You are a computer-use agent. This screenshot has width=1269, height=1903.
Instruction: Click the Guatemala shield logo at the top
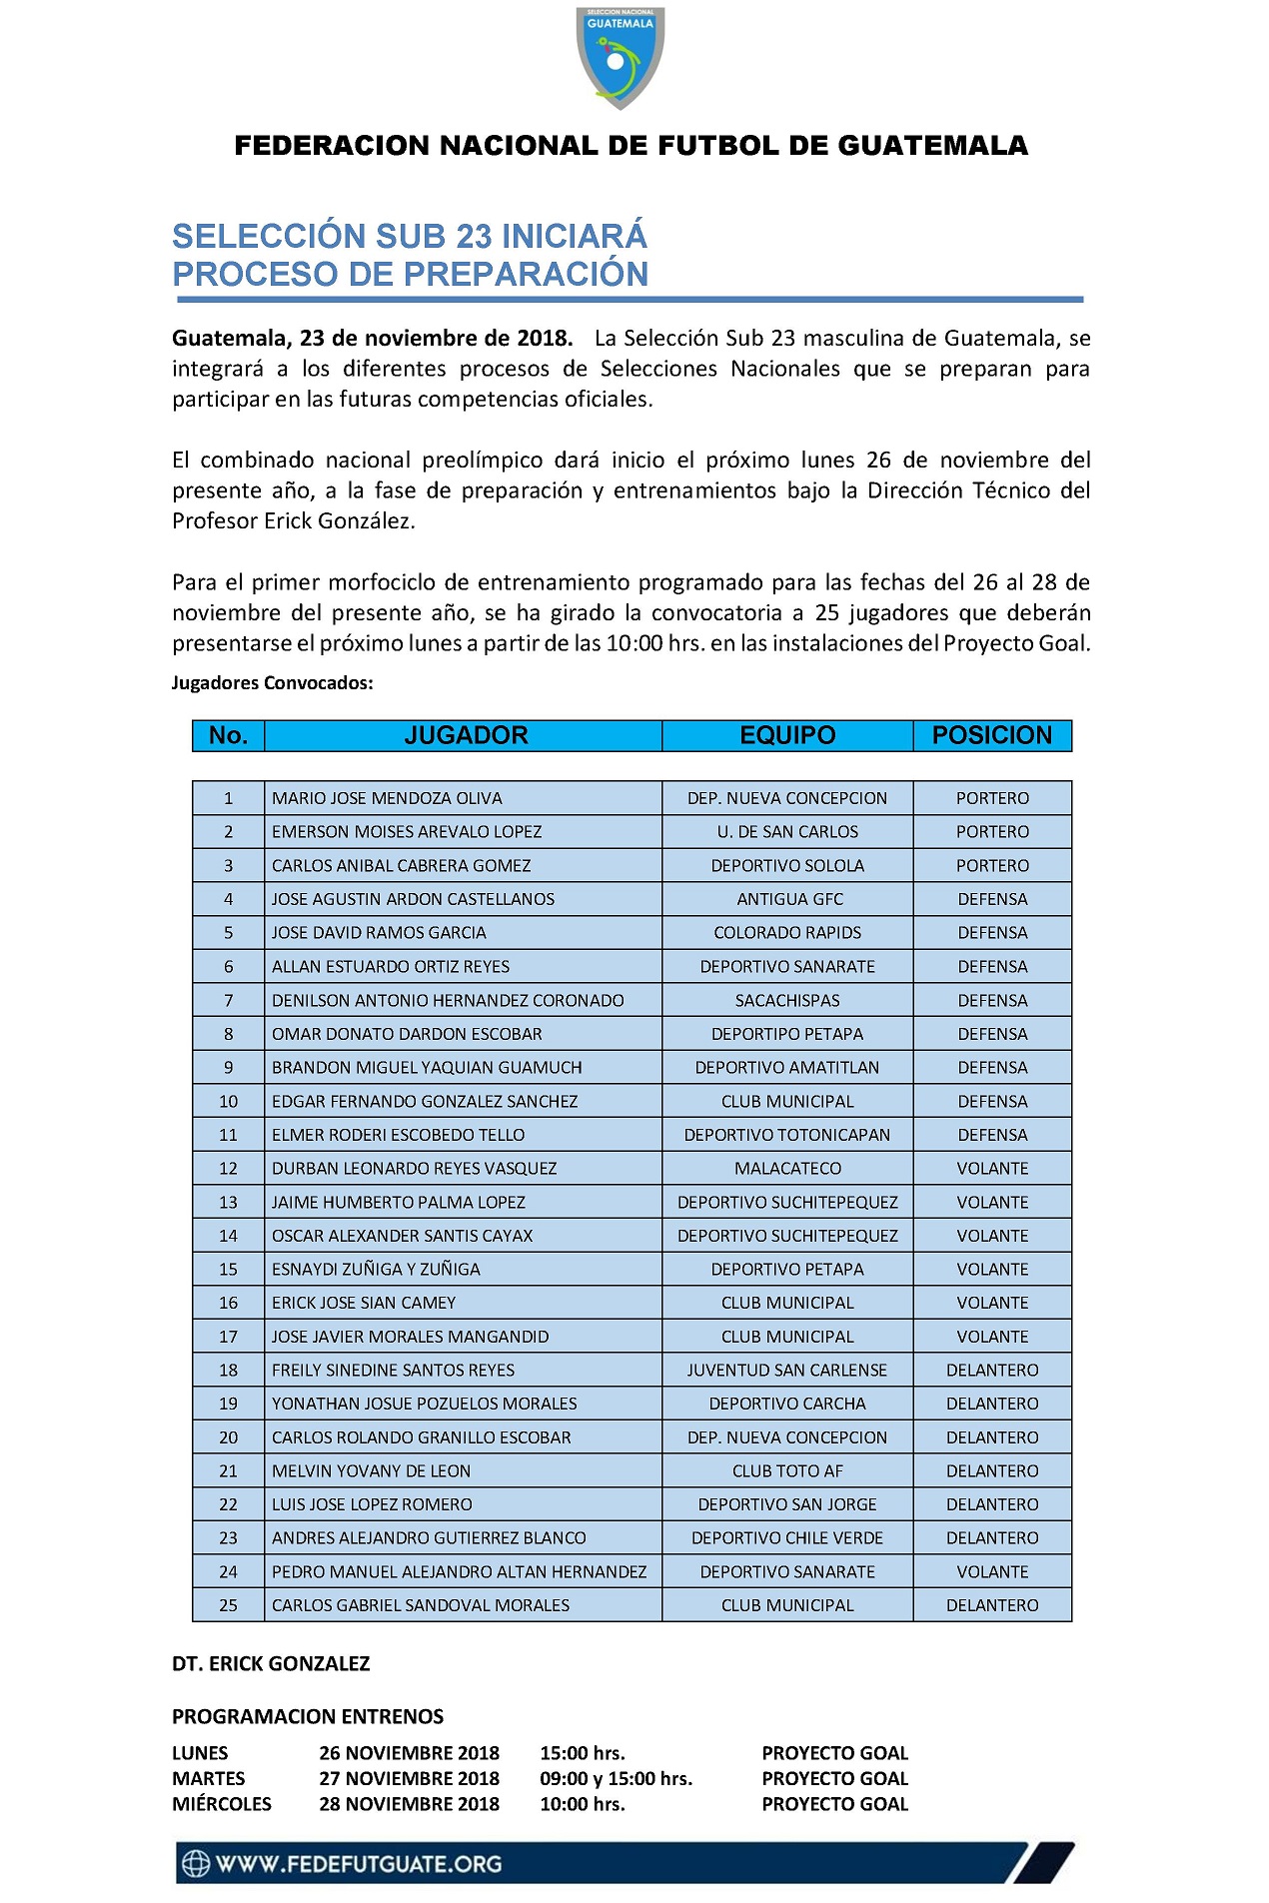(620, 57)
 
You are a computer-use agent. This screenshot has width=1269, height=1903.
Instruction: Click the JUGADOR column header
(466, 735)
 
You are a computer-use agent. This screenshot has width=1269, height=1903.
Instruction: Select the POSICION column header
(991, 735)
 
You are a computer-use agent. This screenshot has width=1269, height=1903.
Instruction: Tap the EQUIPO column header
(787, 735)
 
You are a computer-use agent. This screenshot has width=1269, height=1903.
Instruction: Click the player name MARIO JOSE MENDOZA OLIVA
(387, 798)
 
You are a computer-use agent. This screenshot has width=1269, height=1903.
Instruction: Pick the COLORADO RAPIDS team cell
(787, 933)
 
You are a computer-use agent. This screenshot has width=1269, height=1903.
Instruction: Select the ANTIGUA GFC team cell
(789, 899)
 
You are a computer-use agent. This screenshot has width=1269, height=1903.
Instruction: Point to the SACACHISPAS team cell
(787, 1000)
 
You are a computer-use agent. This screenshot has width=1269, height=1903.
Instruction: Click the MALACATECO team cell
(787, 1169)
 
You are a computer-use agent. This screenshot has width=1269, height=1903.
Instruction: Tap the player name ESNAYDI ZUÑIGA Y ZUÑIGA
(376, 1270)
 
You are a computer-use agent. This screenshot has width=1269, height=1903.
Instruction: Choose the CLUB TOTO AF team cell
(787, 1471)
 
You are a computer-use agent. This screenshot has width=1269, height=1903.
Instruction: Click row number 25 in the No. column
(228, 1605)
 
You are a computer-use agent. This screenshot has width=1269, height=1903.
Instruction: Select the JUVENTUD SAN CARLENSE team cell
(787, 1371)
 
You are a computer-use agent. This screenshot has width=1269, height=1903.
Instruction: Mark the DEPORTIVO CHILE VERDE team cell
(787, 1538)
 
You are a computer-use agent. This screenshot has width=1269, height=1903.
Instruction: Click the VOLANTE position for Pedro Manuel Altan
(992, 1572)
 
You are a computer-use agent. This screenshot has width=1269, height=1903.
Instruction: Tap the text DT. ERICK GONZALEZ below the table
(271, 1664)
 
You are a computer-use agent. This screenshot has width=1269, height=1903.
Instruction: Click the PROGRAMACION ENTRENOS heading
(308, 1717)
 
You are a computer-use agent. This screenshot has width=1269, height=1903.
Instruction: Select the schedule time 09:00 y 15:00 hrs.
(616, 1779)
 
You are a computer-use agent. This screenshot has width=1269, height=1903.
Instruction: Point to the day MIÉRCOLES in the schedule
(222, 1804)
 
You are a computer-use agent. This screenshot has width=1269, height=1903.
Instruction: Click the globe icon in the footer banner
(195, 1864)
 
